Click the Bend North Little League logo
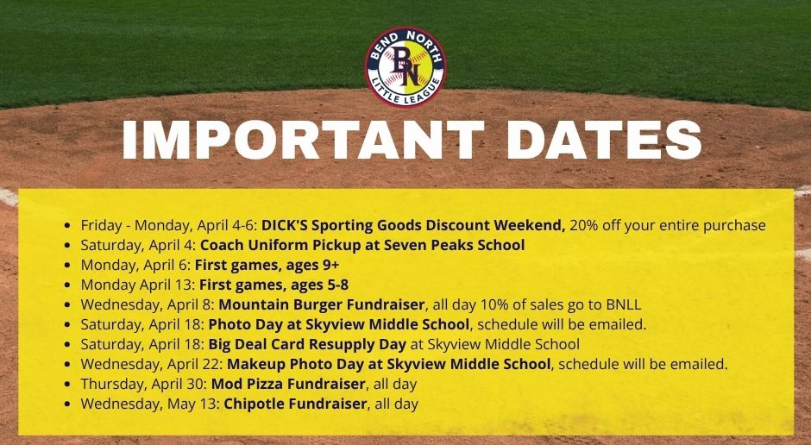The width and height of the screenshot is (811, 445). coord(405,67)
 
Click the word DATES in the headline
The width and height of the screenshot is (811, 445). coord(604,140)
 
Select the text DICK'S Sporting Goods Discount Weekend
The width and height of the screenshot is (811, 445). coord(413,225)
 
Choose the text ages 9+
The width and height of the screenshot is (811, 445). coord(315,265)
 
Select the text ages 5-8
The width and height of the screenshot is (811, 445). coord(319,285)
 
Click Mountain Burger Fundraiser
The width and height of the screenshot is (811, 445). coord(322,304)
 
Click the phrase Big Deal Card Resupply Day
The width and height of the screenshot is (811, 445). coord(307,344)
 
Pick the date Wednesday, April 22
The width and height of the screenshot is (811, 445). coord(152,365)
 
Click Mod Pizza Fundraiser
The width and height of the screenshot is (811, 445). coord(289,384)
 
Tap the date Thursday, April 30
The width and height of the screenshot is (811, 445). coord(144,385)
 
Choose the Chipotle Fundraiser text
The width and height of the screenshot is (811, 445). coord(295,404)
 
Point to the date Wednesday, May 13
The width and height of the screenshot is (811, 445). coord(150,404)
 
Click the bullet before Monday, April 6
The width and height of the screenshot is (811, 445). coord(67,266)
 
